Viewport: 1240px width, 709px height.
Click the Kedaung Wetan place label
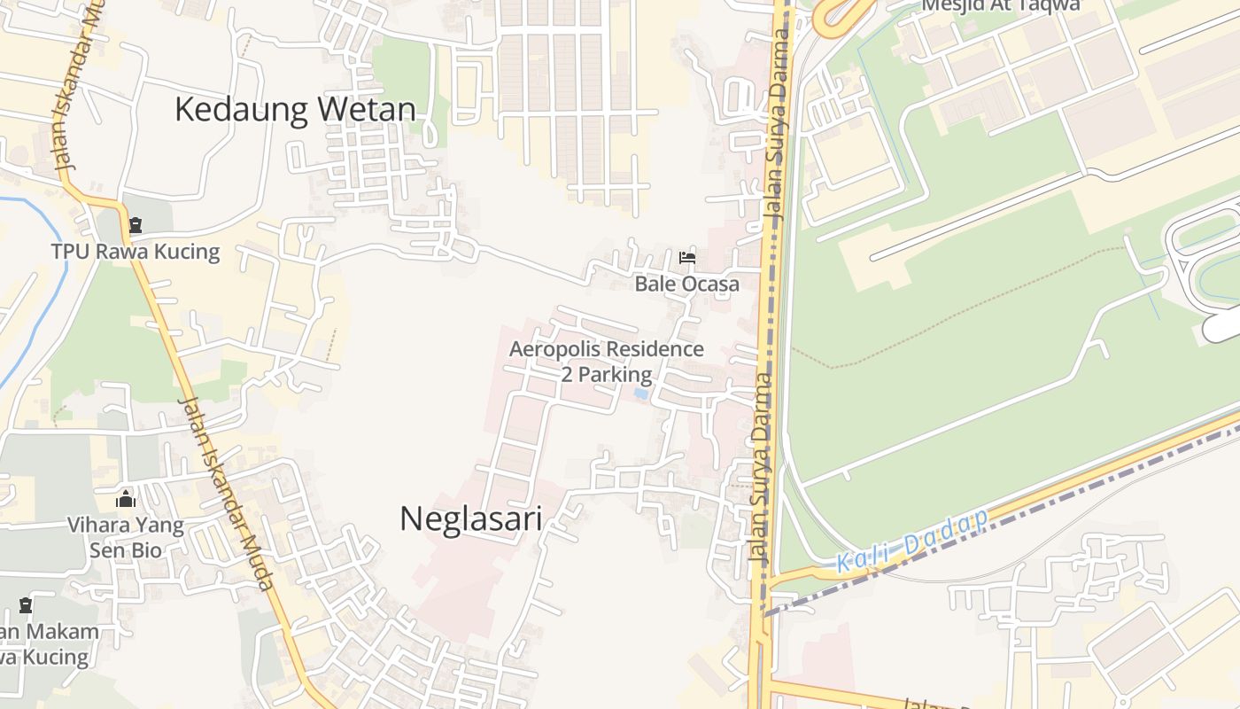(x=295, y=109)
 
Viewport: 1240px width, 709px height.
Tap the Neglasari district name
(x=470, y=518)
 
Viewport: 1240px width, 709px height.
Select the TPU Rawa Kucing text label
(x=136, y=252)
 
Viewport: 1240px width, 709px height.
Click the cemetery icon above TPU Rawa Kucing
(x=135, y=226)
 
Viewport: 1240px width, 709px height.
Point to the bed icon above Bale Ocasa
(x=686, y=258)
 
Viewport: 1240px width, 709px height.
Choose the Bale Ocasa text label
(x=686, y=284)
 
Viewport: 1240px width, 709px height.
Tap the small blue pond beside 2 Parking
(x=641, y=393)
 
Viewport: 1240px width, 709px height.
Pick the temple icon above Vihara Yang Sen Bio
(x=126, y=499)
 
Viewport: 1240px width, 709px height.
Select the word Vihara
(x=96, y=525)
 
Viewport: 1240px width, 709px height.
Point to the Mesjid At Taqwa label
(x=1001, y=5)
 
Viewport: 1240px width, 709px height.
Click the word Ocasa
(x=710, y=284)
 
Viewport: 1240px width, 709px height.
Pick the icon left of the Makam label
(x=26, y=606)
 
